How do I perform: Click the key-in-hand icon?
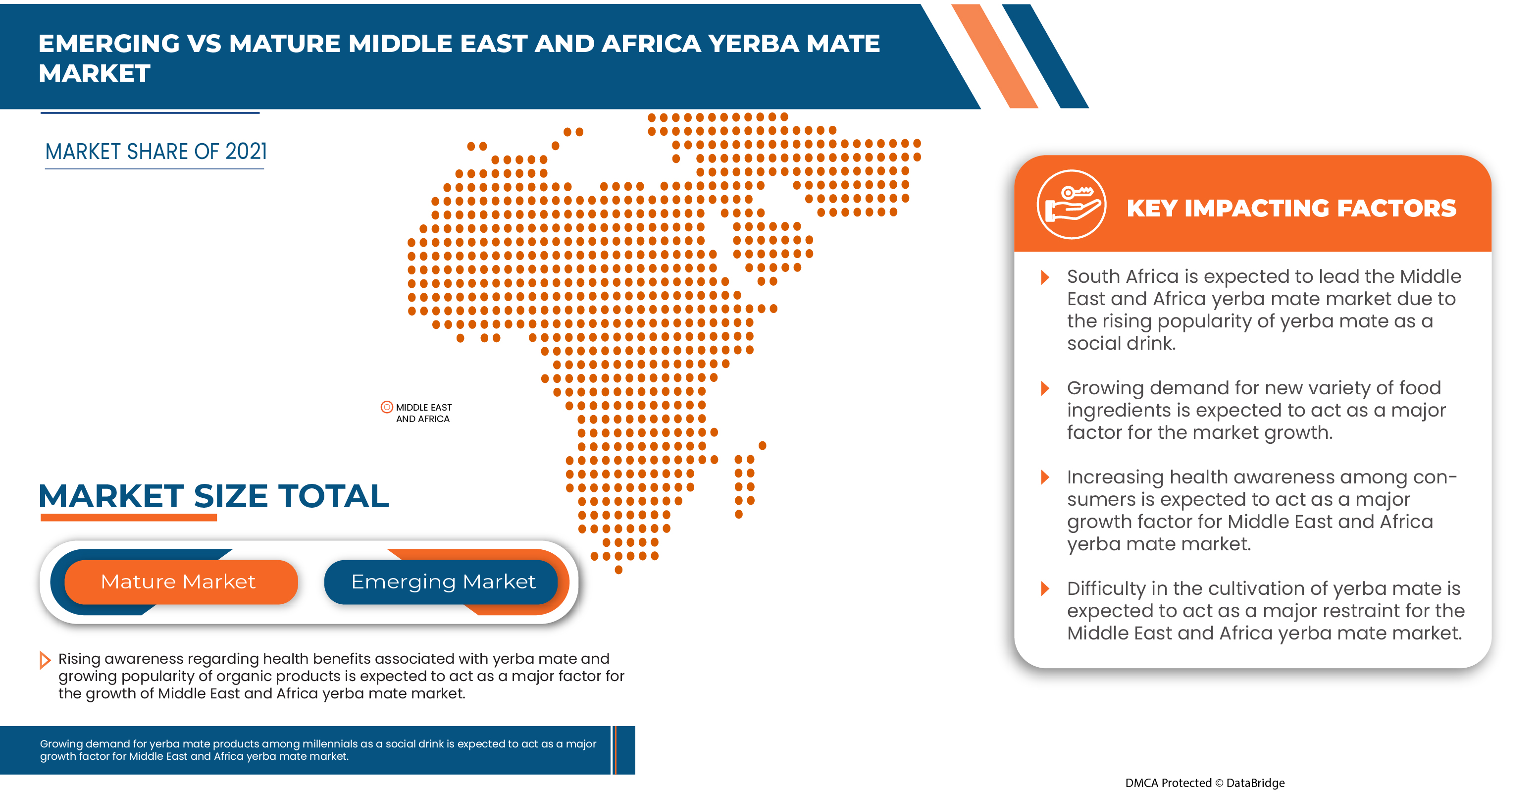tap(1071, 205)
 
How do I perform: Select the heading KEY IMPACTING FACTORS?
tap(1291, 208)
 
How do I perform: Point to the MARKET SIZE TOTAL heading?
tap(213, 496)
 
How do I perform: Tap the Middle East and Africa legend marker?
tap(387, 407)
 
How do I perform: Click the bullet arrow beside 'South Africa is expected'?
tap(1045, 277)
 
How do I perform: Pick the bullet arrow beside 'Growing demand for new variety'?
tap(1045, 388)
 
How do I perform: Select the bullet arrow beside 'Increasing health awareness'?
tap(1045, 477)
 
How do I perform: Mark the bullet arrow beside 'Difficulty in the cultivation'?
tap(1045, 588)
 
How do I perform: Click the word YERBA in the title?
tap(752, 44)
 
